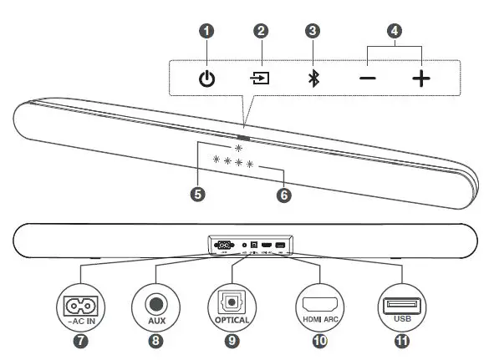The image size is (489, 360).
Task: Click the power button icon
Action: pos(206,79)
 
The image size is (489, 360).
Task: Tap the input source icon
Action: pos(261,79)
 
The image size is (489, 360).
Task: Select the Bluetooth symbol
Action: pos(313,79)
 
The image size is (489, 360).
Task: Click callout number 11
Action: pos(402,342)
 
